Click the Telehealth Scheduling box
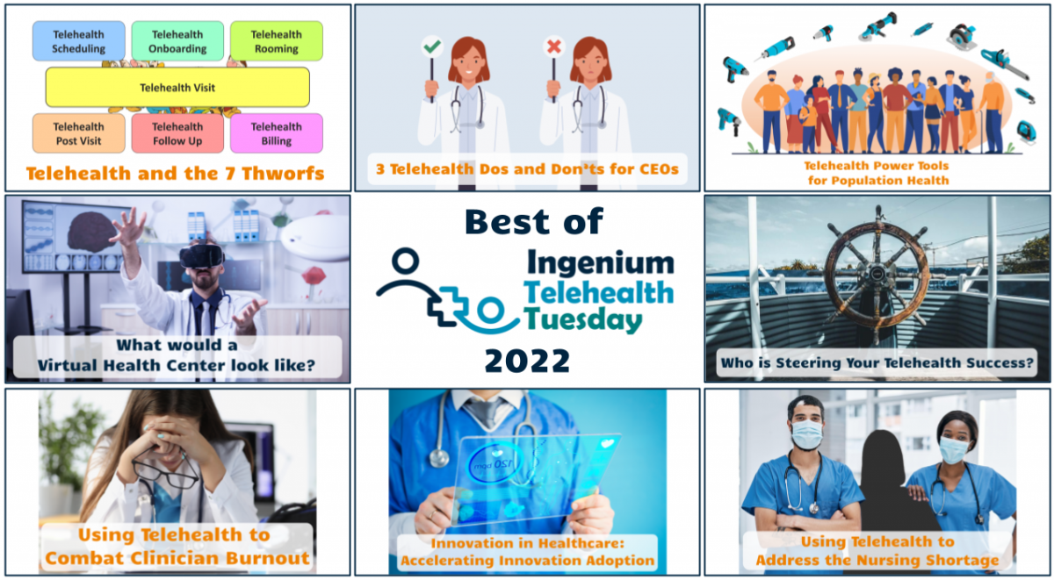[x=78, y=41]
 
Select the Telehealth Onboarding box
[x=177, y=41]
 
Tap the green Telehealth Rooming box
[x=276, y=41]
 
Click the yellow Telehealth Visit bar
[x=177, y=88]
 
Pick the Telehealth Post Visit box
[x=78, y=133]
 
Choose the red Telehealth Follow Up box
[x=177, y=133]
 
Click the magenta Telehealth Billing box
[x=276, y=133]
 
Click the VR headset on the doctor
[x=201, y=256]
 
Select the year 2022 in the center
[x=526, y=360]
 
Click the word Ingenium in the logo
[x=601, y=262]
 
